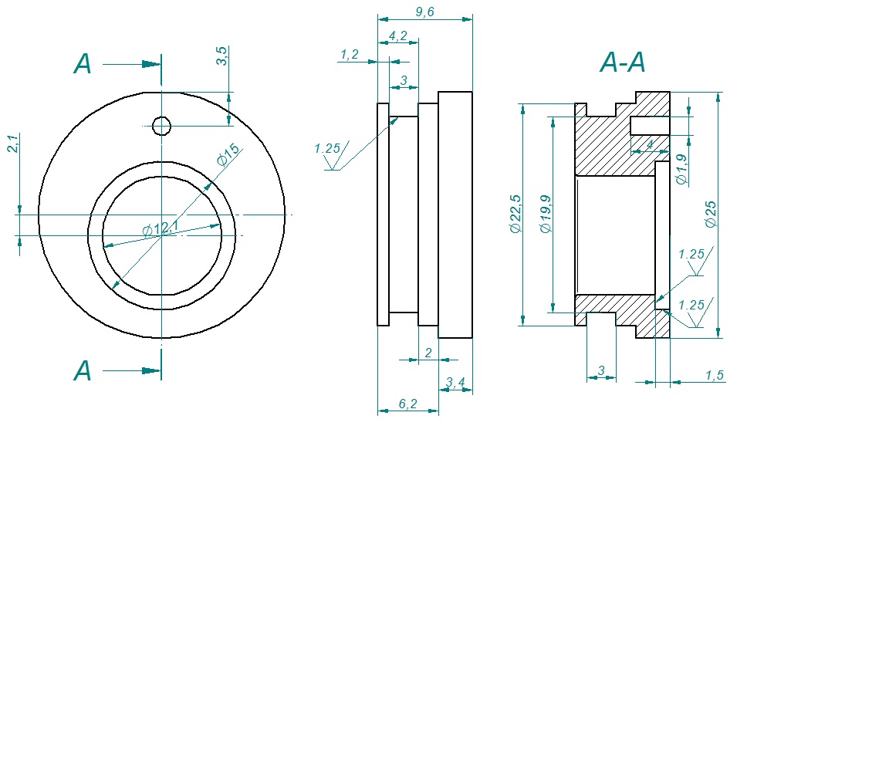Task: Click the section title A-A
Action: click(623, 63)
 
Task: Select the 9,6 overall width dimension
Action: click(424, 12)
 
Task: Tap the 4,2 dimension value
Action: click(398, 35)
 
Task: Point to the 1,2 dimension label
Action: click(350, 55)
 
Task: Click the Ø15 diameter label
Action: click(228, 155)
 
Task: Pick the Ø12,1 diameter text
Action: click(161, 228)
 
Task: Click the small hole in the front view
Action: click(161, 126)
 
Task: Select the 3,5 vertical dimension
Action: click(221, 56)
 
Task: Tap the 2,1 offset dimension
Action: click(12, 143)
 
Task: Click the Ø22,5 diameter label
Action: click(515, 214)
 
